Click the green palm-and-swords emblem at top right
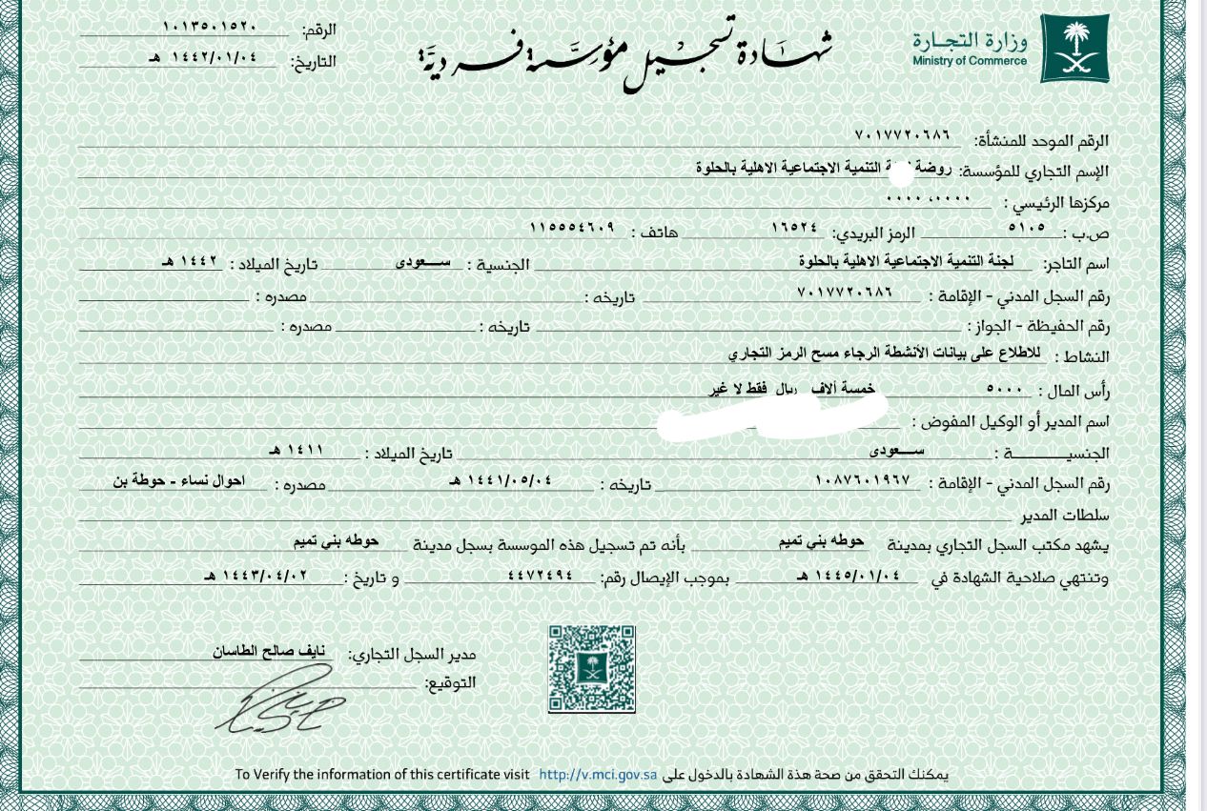(1074, 48)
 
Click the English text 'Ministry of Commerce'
(969, 61)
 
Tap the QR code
(591, 668)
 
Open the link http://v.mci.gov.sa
(598, 775)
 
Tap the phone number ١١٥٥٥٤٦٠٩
(571, 229)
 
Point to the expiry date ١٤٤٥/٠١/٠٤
(851, 575)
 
